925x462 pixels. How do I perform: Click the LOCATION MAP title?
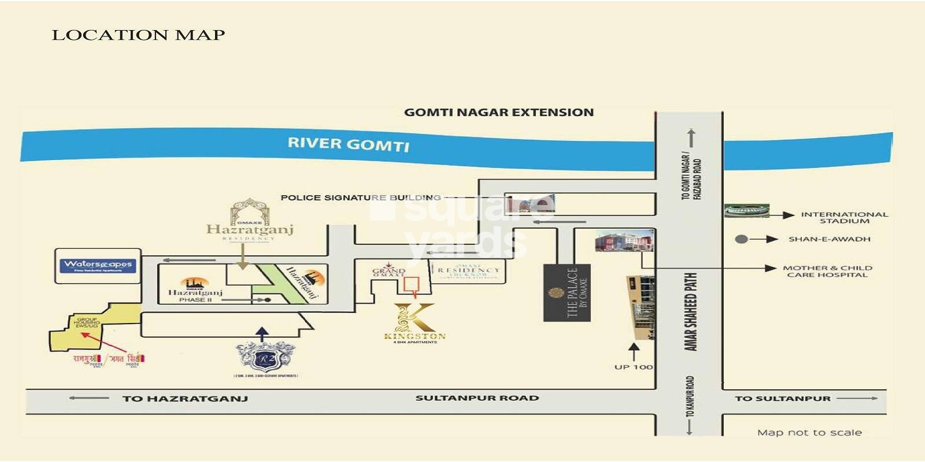tap(138, 35)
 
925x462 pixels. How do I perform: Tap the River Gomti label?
tap(349, 144)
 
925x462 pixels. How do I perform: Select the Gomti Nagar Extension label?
tap(498, 113)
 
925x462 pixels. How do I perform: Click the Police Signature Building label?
tap(360, 198)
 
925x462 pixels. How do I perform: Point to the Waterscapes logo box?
tap(98, 266)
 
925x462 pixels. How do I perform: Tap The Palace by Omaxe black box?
tap(567, 292)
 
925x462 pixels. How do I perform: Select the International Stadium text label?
tap(844, 218)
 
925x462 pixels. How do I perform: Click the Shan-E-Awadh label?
tap(829, 239)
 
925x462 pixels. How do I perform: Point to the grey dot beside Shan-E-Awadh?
tap(741, 239)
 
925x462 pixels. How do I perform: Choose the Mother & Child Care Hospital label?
tap(827, 271)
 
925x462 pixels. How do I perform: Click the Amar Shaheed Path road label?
tap(690, 312)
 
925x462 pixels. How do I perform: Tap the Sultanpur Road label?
tap(477, 398)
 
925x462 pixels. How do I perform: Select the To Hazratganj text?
tap(185, 398)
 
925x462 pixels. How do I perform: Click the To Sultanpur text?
tap(782, 398)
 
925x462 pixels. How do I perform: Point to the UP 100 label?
tap(634, 367)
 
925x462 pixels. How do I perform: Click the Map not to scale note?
tap(809, 433)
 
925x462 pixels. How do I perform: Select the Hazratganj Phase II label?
tap(195, 295)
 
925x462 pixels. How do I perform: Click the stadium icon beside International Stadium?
tap(748, 210)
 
